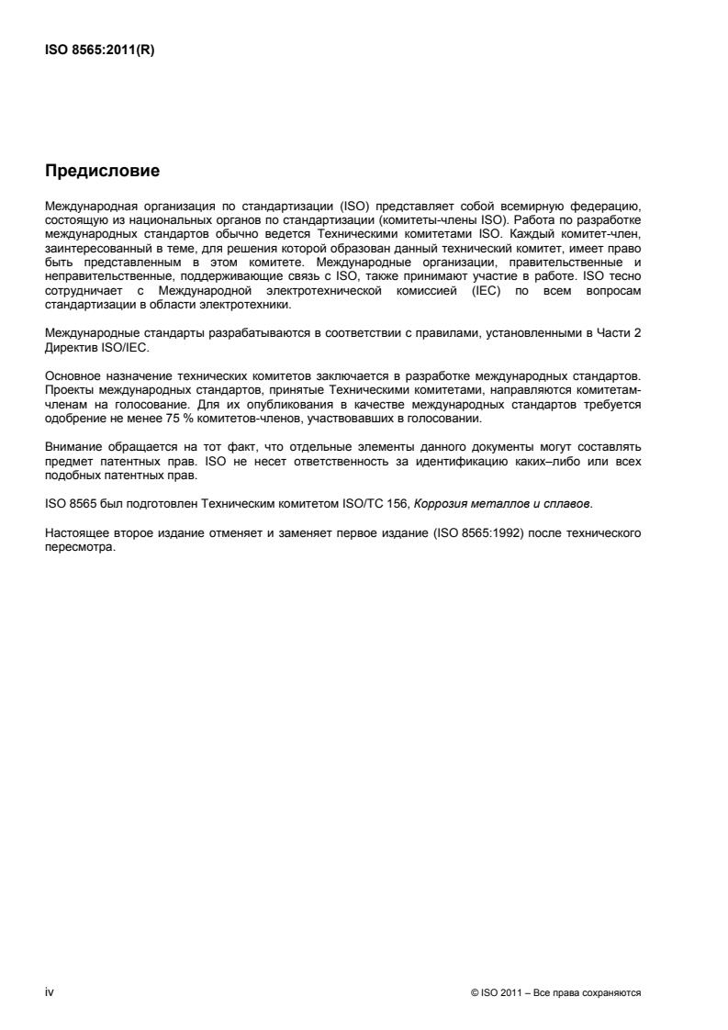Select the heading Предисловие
(102, 171)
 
